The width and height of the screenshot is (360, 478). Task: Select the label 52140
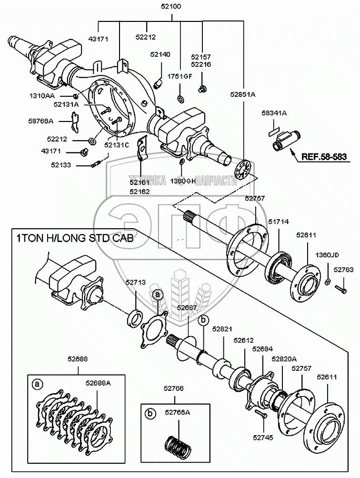click(160, 54)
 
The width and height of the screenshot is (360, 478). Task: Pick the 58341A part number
click(274, 113)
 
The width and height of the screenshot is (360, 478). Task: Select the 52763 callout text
click(343, 270)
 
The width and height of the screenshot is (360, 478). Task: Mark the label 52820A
click(284, 359)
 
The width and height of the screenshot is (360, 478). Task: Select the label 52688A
click(98, 382)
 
